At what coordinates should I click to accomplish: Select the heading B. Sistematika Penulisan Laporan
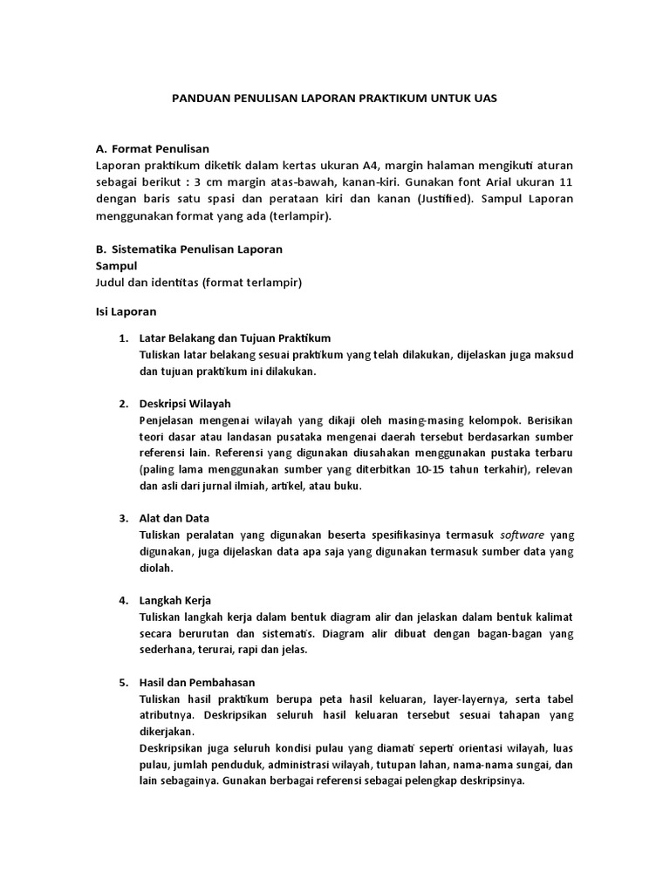click(188, 249)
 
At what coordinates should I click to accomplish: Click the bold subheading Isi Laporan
click(125, 310)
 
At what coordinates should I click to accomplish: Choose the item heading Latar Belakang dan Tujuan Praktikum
click(235, 337)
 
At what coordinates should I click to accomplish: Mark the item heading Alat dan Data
click(174, 518)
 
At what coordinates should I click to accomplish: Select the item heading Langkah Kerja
click(175, 601)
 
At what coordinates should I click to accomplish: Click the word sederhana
click(171, 650)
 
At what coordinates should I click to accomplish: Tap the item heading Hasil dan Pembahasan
click(197, 683)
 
